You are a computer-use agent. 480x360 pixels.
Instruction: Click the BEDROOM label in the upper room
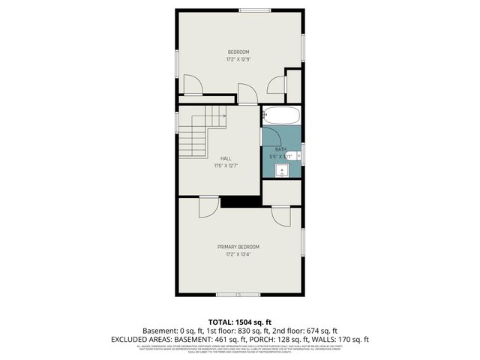(x=238, y=52)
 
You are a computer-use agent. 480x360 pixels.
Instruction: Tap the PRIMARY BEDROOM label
(x=238, y=247)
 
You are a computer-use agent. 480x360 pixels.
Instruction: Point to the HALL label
(x=226, y=157)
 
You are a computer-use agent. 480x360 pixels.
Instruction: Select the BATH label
(x=280, y=149)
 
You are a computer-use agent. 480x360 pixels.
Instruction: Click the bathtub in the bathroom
(x=282, y=115)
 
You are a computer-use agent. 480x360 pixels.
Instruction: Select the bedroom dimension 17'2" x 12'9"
(x=238, y=59)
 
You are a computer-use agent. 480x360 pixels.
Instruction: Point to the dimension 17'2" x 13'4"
(x=238, y=254)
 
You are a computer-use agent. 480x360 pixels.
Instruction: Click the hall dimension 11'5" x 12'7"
(x=226, y=165)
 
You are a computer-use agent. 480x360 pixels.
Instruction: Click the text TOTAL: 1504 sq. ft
(x=240, y=322)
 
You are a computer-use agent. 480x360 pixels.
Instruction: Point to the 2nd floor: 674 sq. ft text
(x=307, y=331)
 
